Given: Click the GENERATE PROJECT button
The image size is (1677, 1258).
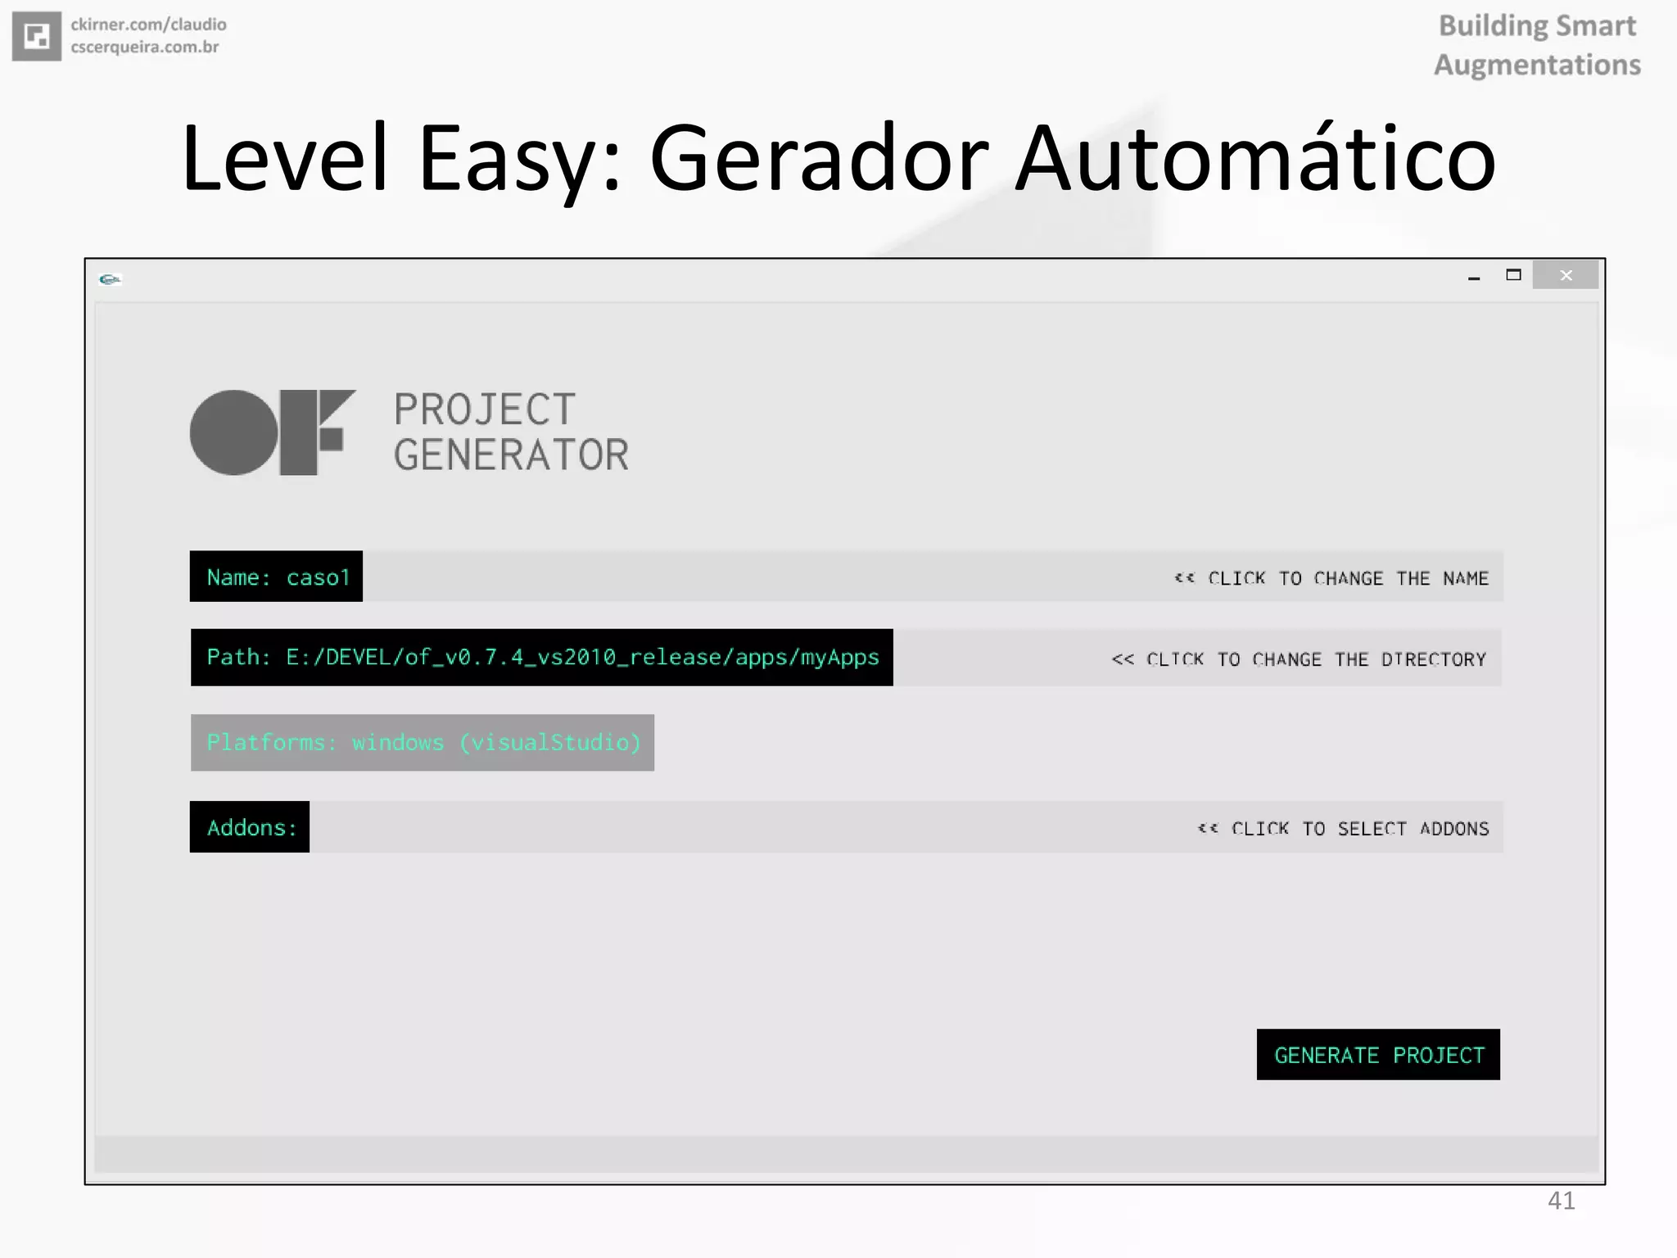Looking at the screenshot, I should (1378, 1055).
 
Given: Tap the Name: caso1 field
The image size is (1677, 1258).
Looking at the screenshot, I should (277, 577).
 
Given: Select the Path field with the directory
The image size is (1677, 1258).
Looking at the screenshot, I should (542, 658).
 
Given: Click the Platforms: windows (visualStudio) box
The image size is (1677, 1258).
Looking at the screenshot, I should (423, 743).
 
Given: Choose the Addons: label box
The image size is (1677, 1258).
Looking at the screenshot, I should (250, 827).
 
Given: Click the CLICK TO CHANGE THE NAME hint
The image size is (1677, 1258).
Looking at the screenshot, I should (1331, 578).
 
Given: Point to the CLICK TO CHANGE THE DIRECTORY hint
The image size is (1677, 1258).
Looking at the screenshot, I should (1299, 659).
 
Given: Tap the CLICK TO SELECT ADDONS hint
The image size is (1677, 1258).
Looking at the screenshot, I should (1343, 829).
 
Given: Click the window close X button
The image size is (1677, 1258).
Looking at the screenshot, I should (1566, 276).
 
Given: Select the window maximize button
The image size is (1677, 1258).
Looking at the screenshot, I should (1513, 275).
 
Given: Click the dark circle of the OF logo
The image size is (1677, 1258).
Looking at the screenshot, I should (234, 432).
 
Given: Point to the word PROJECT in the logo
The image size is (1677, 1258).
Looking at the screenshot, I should (485, 410).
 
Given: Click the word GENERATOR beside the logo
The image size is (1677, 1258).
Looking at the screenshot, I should (511, 455).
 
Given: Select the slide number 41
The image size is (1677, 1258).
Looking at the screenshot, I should (1561, 1201).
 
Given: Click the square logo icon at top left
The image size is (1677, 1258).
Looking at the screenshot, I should (37, 36).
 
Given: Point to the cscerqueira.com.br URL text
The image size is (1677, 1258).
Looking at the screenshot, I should (145, 48).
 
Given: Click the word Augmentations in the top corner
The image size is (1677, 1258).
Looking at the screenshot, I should (1537, 65).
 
